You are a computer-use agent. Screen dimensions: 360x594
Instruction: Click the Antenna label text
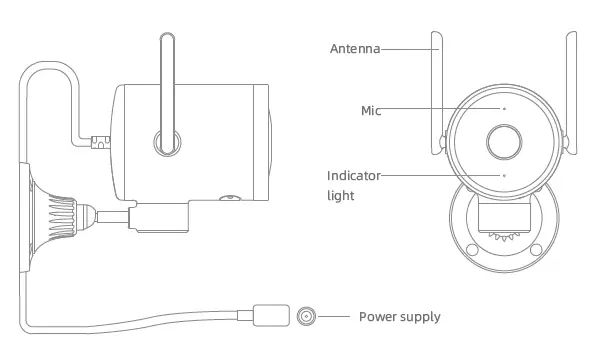(x=354, y=47)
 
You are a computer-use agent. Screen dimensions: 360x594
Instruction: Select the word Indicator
(x=353, y=176)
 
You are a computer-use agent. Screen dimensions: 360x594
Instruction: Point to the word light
(x=341, y=196)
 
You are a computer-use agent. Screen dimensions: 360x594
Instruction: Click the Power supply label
(x=399, y=317)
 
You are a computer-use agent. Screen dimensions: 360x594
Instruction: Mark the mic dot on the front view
(x=504, y=108)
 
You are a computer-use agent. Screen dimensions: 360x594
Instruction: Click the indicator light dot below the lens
(x=504, y=175)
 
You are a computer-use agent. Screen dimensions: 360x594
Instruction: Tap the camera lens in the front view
(x=504, y=140)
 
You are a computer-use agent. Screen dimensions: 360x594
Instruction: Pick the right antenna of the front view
(x=570, y=90)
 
